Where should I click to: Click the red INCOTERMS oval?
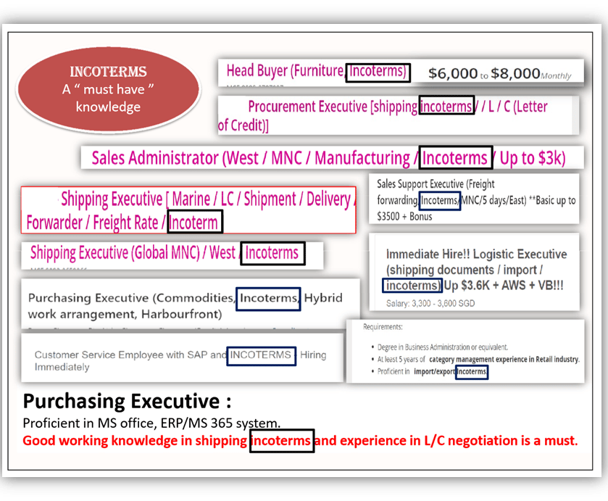pyautogui.click(x=108, y=90)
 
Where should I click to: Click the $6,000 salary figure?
pyautogui.click(x=453, y=73)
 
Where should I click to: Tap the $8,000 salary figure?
pyautogui.click(x=515, y=73)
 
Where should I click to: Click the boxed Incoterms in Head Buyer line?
pyautogui.click(x=378, y=72)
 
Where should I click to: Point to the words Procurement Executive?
pyautogui.click(x=307, y=107)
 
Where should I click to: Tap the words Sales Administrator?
pyautogui.click(x=154, y=158)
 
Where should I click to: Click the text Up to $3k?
pyautogui.click(x=532, y=158)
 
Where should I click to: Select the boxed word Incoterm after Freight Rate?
pyautogui.click(x=195, y=222)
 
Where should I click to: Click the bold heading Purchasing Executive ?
pyautogui.click(x=128, y=401)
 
